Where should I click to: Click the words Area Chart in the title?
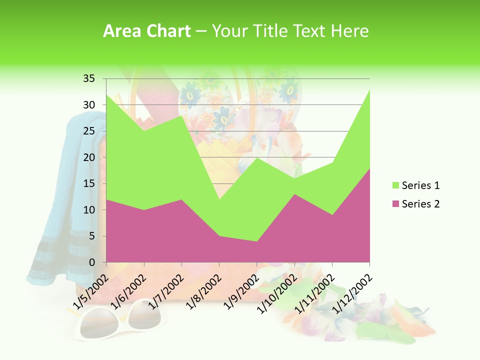pos(146,31)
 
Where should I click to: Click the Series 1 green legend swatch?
pos(395,185)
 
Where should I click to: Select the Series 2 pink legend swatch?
pos(395,203)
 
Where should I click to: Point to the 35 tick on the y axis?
pos(89,78)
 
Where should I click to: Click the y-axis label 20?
pos(89,157)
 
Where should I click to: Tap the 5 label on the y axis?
pos(91,236)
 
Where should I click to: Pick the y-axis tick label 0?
pos(91,262)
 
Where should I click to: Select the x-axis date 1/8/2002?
pos(200,292)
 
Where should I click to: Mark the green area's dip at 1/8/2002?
pos(219,199)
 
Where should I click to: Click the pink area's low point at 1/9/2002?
pos(256,241)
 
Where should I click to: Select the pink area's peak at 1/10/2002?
pos(294,194)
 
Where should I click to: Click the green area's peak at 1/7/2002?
pos(181,115)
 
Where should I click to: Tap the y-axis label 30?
pos(89,104)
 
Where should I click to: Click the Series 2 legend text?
pos(420,203)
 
